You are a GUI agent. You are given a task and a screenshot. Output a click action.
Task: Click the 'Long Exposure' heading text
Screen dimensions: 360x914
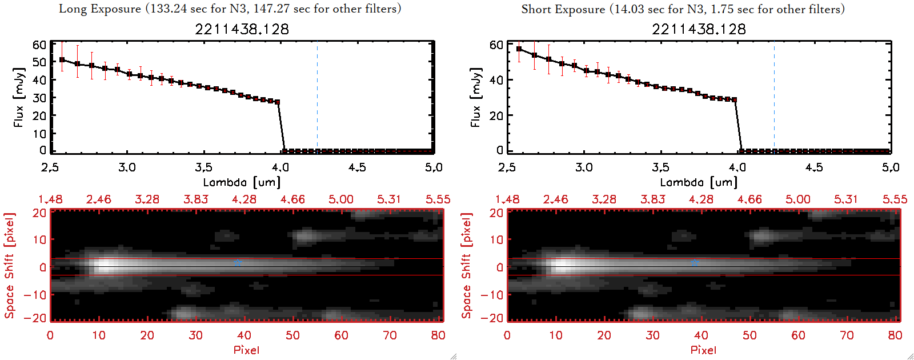point(100,9)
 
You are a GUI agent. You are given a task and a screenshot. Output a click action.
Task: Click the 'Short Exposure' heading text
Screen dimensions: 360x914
point(563,9)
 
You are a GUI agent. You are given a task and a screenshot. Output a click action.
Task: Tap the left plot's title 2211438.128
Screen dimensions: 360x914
point(242,29)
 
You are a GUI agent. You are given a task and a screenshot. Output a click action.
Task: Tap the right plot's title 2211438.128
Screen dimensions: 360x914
point(699,29)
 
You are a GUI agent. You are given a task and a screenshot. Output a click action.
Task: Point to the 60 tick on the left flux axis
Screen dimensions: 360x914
point(39,45)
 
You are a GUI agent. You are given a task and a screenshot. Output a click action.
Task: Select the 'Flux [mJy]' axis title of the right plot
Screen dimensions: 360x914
point(475,97)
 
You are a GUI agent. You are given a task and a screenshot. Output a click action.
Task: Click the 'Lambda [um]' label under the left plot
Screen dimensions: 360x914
point(242,182)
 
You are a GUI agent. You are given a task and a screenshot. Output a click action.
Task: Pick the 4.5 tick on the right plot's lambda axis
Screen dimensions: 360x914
point(814,167)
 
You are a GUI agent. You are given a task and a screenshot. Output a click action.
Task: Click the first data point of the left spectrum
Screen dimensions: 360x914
point(62,59)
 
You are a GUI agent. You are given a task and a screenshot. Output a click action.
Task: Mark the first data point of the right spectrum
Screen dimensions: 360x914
point(519,49)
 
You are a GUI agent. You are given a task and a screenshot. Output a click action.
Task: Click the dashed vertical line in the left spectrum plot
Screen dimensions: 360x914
point(318,97)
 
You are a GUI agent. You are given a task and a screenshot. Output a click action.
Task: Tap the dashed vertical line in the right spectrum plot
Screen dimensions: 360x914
point(775,97)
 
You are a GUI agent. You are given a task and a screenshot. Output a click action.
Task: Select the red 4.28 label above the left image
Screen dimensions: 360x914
point(244,199)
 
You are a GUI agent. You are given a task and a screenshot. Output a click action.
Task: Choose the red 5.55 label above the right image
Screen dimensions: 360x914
point(895,199)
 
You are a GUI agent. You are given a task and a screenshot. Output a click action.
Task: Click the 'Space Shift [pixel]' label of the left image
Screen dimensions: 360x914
point(9,266)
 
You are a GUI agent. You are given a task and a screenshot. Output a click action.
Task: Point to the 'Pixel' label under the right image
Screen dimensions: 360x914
point(703,350)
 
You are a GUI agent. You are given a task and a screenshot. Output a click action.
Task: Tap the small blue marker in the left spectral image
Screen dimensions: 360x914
point(237,263)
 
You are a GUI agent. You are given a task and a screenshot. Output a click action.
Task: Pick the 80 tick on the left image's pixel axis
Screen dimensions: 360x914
point(438,335)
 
